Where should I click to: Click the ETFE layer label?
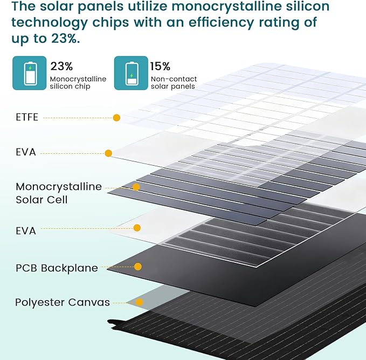coord(27,117)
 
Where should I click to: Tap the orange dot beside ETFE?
coord(116,118)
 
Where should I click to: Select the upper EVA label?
coord(26,152)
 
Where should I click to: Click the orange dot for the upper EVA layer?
coord(108,153)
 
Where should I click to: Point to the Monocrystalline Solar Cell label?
coord(59,193)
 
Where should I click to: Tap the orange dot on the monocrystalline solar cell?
coord(136,187)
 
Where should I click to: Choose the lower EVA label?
coord(26,230)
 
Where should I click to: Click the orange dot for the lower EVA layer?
coord(137,228)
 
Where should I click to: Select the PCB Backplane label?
coord(57,268)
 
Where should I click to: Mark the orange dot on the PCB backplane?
coord(138,267)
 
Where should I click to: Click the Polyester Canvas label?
coord(63,302)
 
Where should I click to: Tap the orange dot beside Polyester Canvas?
coord(140,302)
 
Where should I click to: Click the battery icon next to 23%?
coord(30,73)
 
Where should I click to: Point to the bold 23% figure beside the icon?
coord(61,66)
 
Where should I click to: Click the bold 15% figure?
coord(160,66)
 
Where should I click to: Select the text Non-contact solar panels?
coord(174,83)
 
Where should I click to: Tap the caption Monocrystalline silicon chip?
coord(78,83)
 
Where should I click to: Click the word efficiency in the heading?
coord(221,23)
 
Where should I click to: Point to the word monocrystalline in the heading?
coord(226,6)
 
